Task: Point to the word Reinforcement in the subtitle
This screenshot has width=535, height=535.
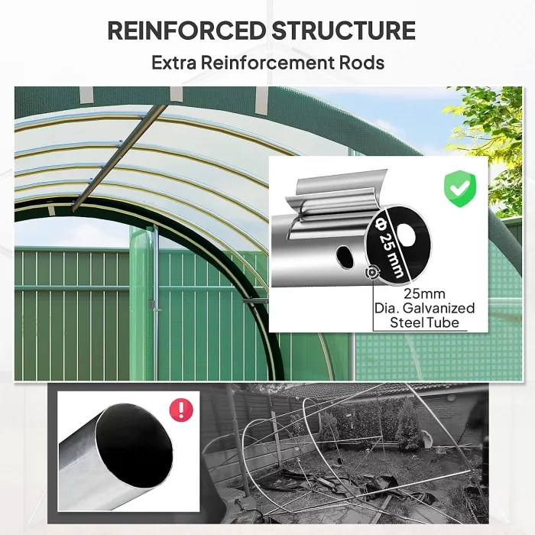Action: click(273, 62)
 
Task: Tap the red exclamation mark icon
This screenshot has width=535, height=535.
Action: click(180, 410)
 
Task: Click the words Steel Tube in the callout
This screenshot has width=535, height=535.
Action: click(424, 323)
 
